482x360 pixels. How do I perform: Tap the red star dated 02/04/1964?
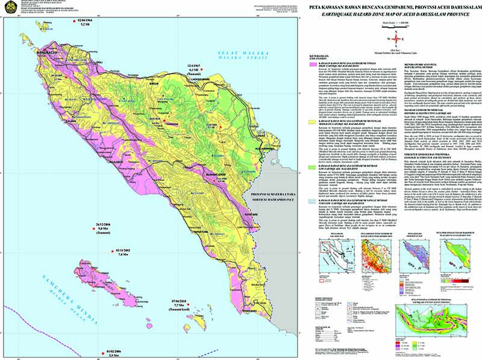pyautogui.click(x=64, y=21)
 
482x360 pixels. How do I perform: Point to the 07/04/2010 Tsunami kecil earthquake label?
pyautogui.click(x=181, y=302)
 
